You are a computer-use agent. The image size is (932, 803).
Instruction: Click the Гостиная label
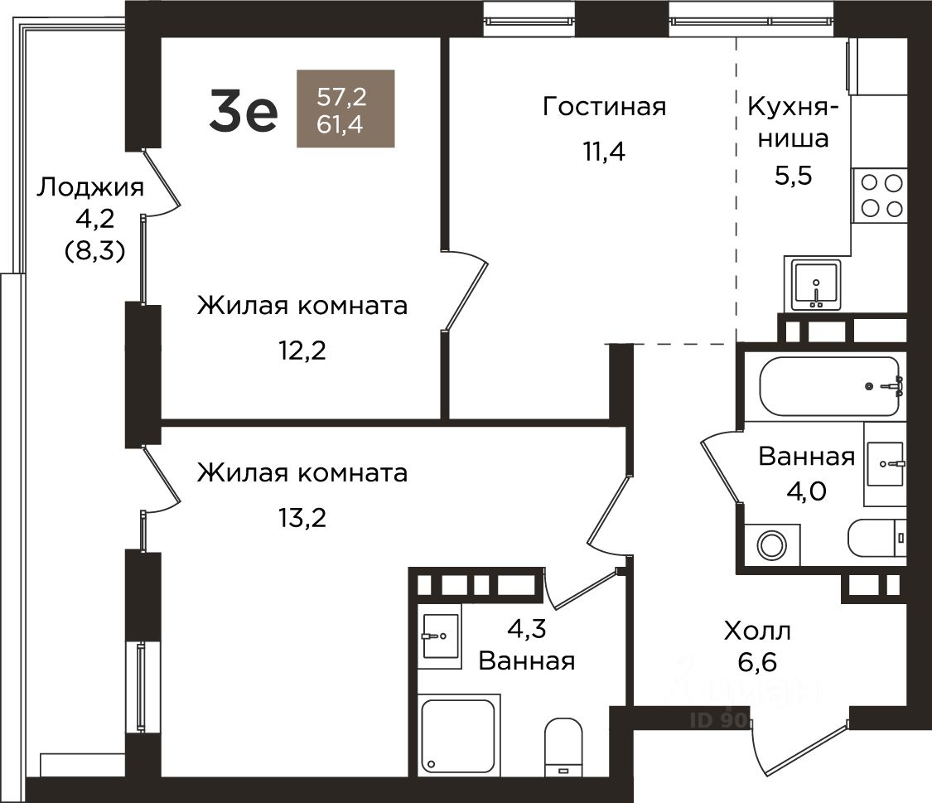(604, 107)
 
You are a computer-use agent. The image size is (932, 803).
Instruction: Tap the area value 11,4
(604, 152)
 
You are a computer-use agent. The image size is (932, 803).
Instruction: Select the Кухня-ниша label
(793, 123)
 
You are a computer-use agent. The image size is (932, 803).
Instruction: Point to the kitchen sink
(815, 286)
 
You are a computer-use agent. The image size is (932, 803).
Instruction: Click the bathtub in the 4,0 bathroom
(831, 386)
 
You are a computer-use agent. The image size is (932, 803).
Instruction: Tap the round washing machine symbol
(771, 544)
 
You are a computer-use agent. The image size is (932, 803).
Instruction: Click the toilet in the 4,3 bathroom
(564, 747)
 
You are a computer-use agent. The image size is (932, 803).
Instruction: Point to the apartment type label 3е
(243, 113)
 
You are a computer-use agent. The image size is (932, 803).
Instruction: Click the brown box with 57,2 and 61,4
(346, 109)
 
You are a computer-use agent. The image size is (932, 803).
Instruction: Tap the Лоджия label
(90, 188)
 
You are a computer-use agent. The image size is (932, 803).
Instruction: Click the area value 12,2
(302, 351)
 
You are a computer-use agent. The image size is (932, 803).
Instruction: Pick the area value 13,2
(302, 518)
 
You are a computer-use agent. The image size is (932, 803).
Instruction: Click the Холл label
(757, 631)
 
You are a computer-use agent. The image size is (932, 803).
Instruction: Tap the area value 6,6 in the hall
(757, 661)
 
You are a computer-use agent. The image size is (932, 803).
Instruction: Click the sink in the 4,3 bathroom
(441, 636)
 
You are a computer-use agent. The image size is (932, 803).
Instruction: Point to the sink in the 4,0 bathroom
(885, 463)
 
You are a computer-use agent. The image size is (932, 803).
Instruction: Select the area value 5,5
(793, 176)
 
